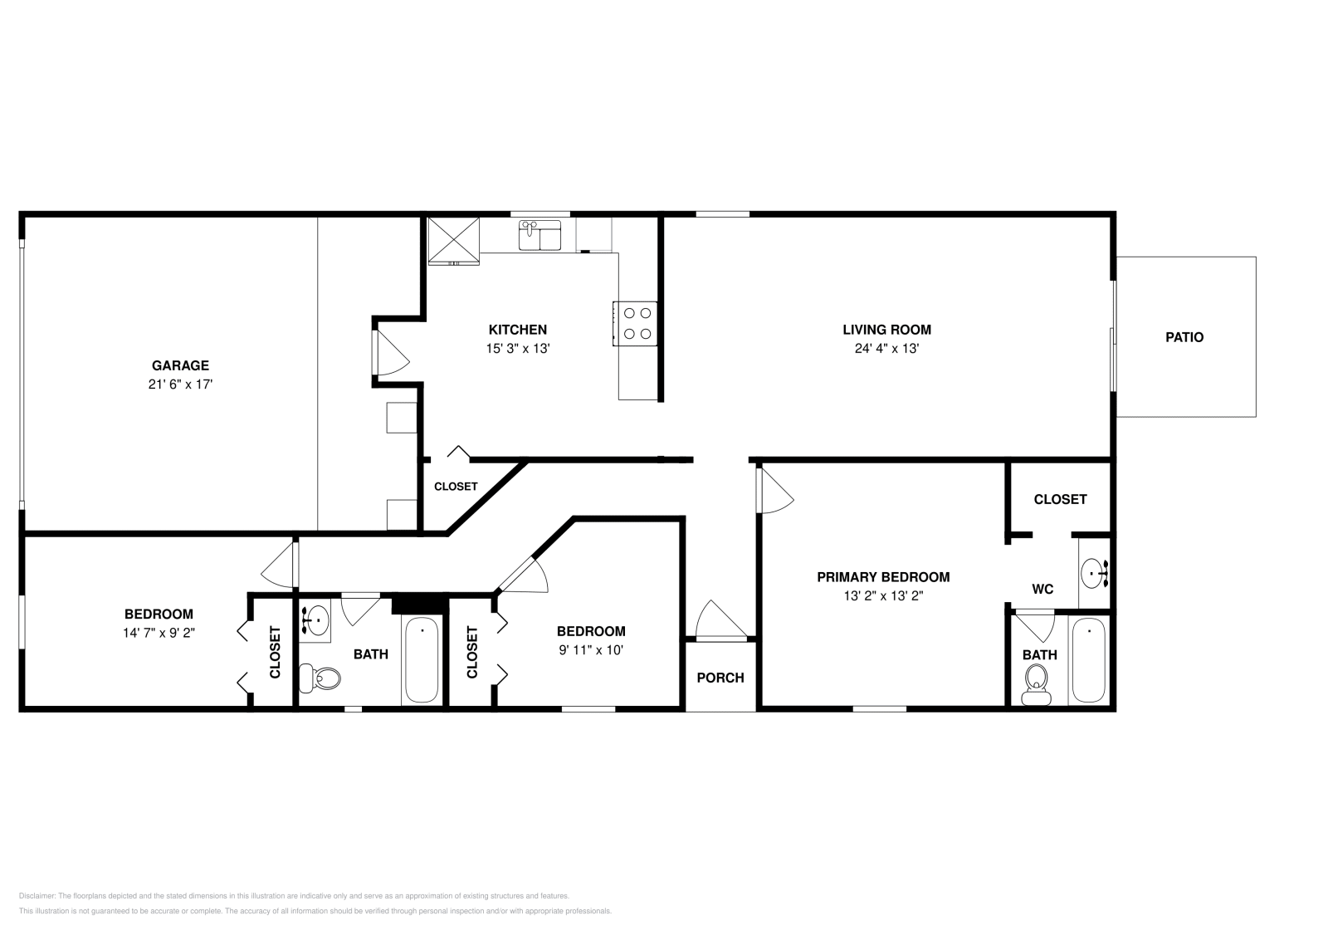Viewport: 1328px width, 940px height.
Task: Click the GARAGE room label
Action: [180, 365]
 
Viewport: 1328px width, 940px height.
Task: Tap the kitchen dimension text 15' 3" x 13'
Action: [518, 349]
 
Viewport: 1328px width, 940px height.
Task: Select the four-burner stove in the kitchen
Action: [636, 324]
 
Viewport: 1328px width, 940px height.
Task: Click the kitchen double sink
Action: [539, 236]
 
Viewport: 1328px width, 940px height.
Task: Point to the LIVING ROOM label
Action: [886, 330]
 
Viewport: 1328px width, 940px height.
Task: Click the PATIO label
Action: [1184, 337]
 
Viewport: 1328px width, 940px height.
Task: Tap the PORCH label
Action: [720, 678]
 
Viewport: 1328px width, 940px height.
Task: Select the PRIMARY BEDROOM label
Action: [883, 577]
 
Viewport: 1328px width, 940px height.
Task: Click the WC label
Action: [1042, 589]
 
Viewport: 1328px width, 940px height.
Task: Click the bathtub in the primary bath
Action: [1088, 661]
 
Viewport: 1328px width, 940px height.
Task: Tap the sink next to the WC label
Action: [1095, 572]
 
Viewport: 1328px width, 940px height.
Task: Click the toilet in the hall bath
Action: [320, 678]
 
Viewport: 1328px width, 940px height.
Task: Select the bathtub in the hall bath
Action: [422, 661]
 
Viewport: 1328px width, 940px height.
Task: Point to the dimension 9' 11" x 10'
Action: [591, 650]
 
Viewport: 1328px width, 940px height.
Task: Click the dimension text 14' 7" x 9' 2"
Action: [159, 633]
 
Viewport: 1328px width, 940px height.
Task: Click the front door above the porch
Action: [719, 623]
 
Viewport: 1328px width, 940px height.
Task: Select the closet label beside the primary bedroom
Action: [1060, 499]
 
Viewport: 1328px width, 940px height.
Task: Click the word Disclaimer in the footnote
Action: [37, 896]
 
